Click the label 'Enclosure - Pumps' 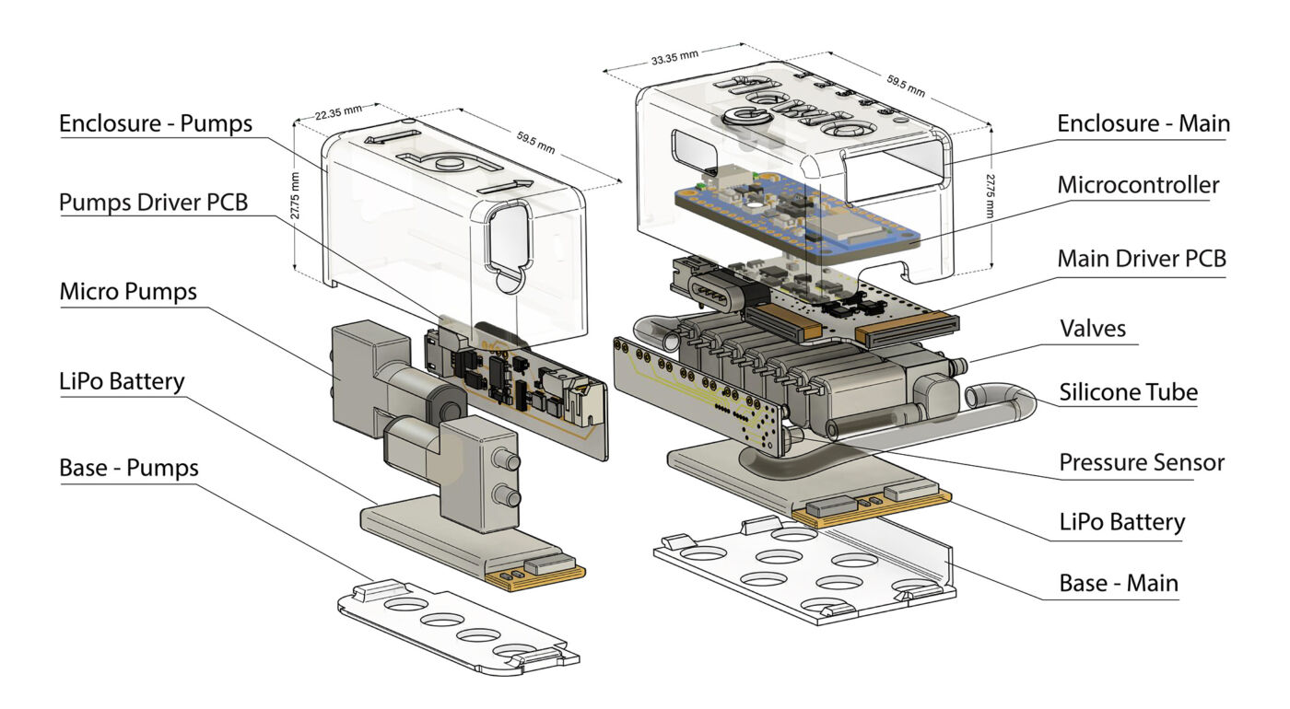click(x=155, y=124)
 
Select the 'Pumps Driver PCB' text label click(x=153, y=203)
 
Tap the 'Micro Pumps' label click(x=128, y=292)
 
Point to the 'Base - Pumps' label click(x=129, y=468)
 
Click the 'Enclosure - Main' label click(x=1143, y=123)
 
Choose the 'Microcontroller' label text click(x=1138, y=185)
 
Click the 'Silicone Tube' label click(x=1129, y=392)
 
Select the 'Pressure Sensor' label click(x=1142, y=462)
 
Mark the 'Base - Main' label click(x=1119, y=583)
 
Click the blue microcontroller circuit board click(x=792, y=216)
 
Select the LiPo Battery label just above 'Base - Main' click(x=1121, y=522)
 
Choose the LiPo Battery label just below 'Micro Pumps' click(x=122, y=380)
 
